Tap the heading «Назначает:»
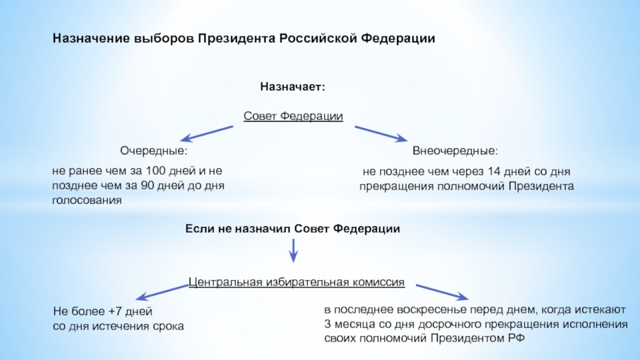pos(292,86)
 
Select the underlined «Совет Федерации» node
pos(293,117)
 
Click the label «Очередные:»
pos(154,150)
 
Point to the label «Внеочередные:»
pos(454,150)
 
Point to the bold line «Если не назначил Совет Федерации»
pos(293,229)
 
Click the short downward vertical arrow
pos(294,251)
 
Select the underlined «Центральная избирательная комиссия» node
pos(297,282)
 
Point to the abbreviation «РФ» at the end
pos(516,338)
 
